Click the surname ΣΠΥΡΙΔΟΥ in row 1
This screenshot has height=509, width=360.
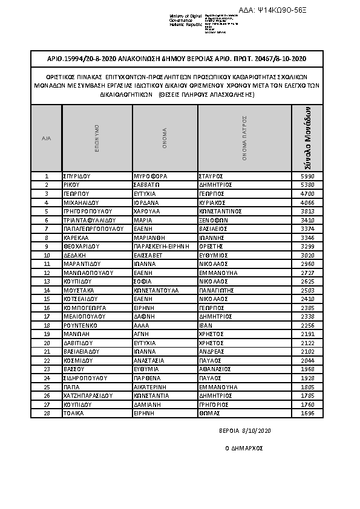77,176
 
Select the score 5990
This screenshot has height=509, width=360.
307,176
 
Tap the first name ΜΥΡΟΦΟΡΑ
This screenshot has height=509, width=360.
149,176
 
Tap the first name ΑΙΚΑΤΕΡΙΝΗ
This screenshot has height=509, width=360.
151,386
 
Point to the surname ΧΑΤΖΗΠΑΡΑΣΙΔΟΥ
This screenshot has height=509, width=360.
88,395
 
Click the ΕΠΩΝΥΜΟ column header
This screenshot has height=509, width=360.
97,138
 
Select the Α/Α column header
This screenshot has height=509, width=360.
47,138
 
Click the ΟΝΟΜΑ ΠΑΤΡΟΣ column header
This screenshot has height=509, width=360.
245,138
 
